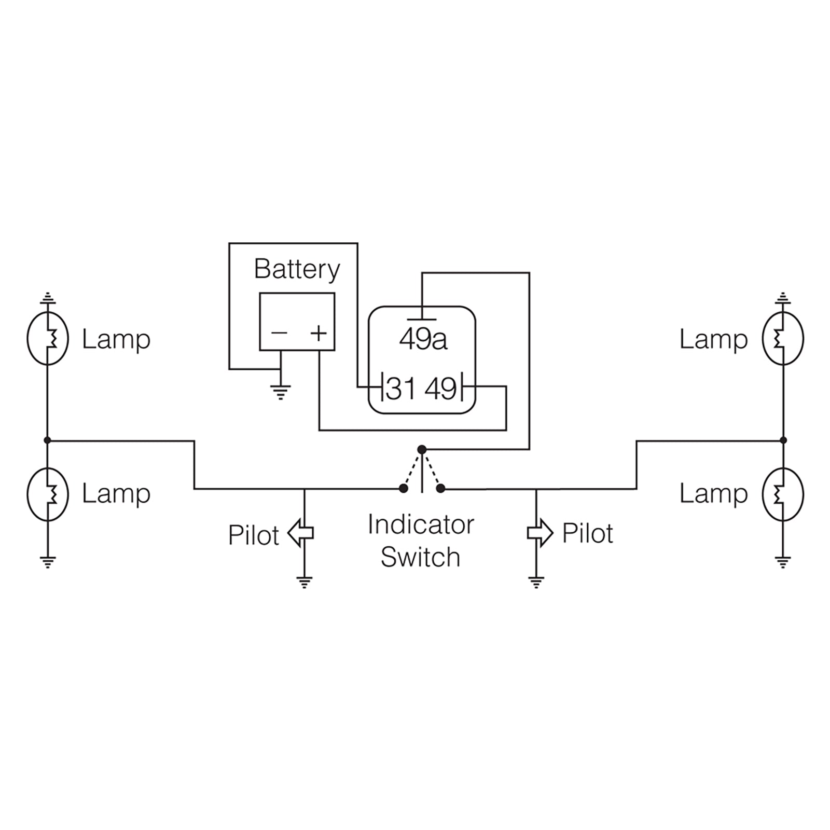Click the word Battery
(x=297, y=270)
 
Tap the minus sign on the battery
(x=279, y=333)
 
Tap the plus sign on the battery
(x=319, y=333)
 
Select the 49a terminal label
(x=423, y=340)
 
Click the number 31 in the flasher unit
(x=401, y=389)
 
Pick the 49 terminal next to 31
(x=441, y=389)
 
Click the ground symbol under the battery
(x=281, y=392)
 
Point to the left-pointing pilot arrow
(x=300, y=533)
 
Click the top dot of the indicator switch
(x=422, y=449)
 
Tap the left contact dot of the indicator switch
(x=403, y=488)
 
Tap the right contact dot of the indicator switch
(x=440, y=488)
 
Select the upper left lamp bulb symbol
(x=48, y=338)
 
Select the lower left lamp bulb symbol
(x=48, y=494)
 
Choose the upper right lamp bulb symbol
(x=783, y=338)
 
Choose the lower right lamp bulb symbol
(x=783, y=494)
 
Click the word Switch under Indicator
(x=420, y=558)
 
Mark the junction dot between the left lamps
(x=47, y=440)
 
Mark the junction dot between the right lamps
(x=783, y=440)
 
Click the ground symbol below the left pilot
(x=304, y=582)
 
